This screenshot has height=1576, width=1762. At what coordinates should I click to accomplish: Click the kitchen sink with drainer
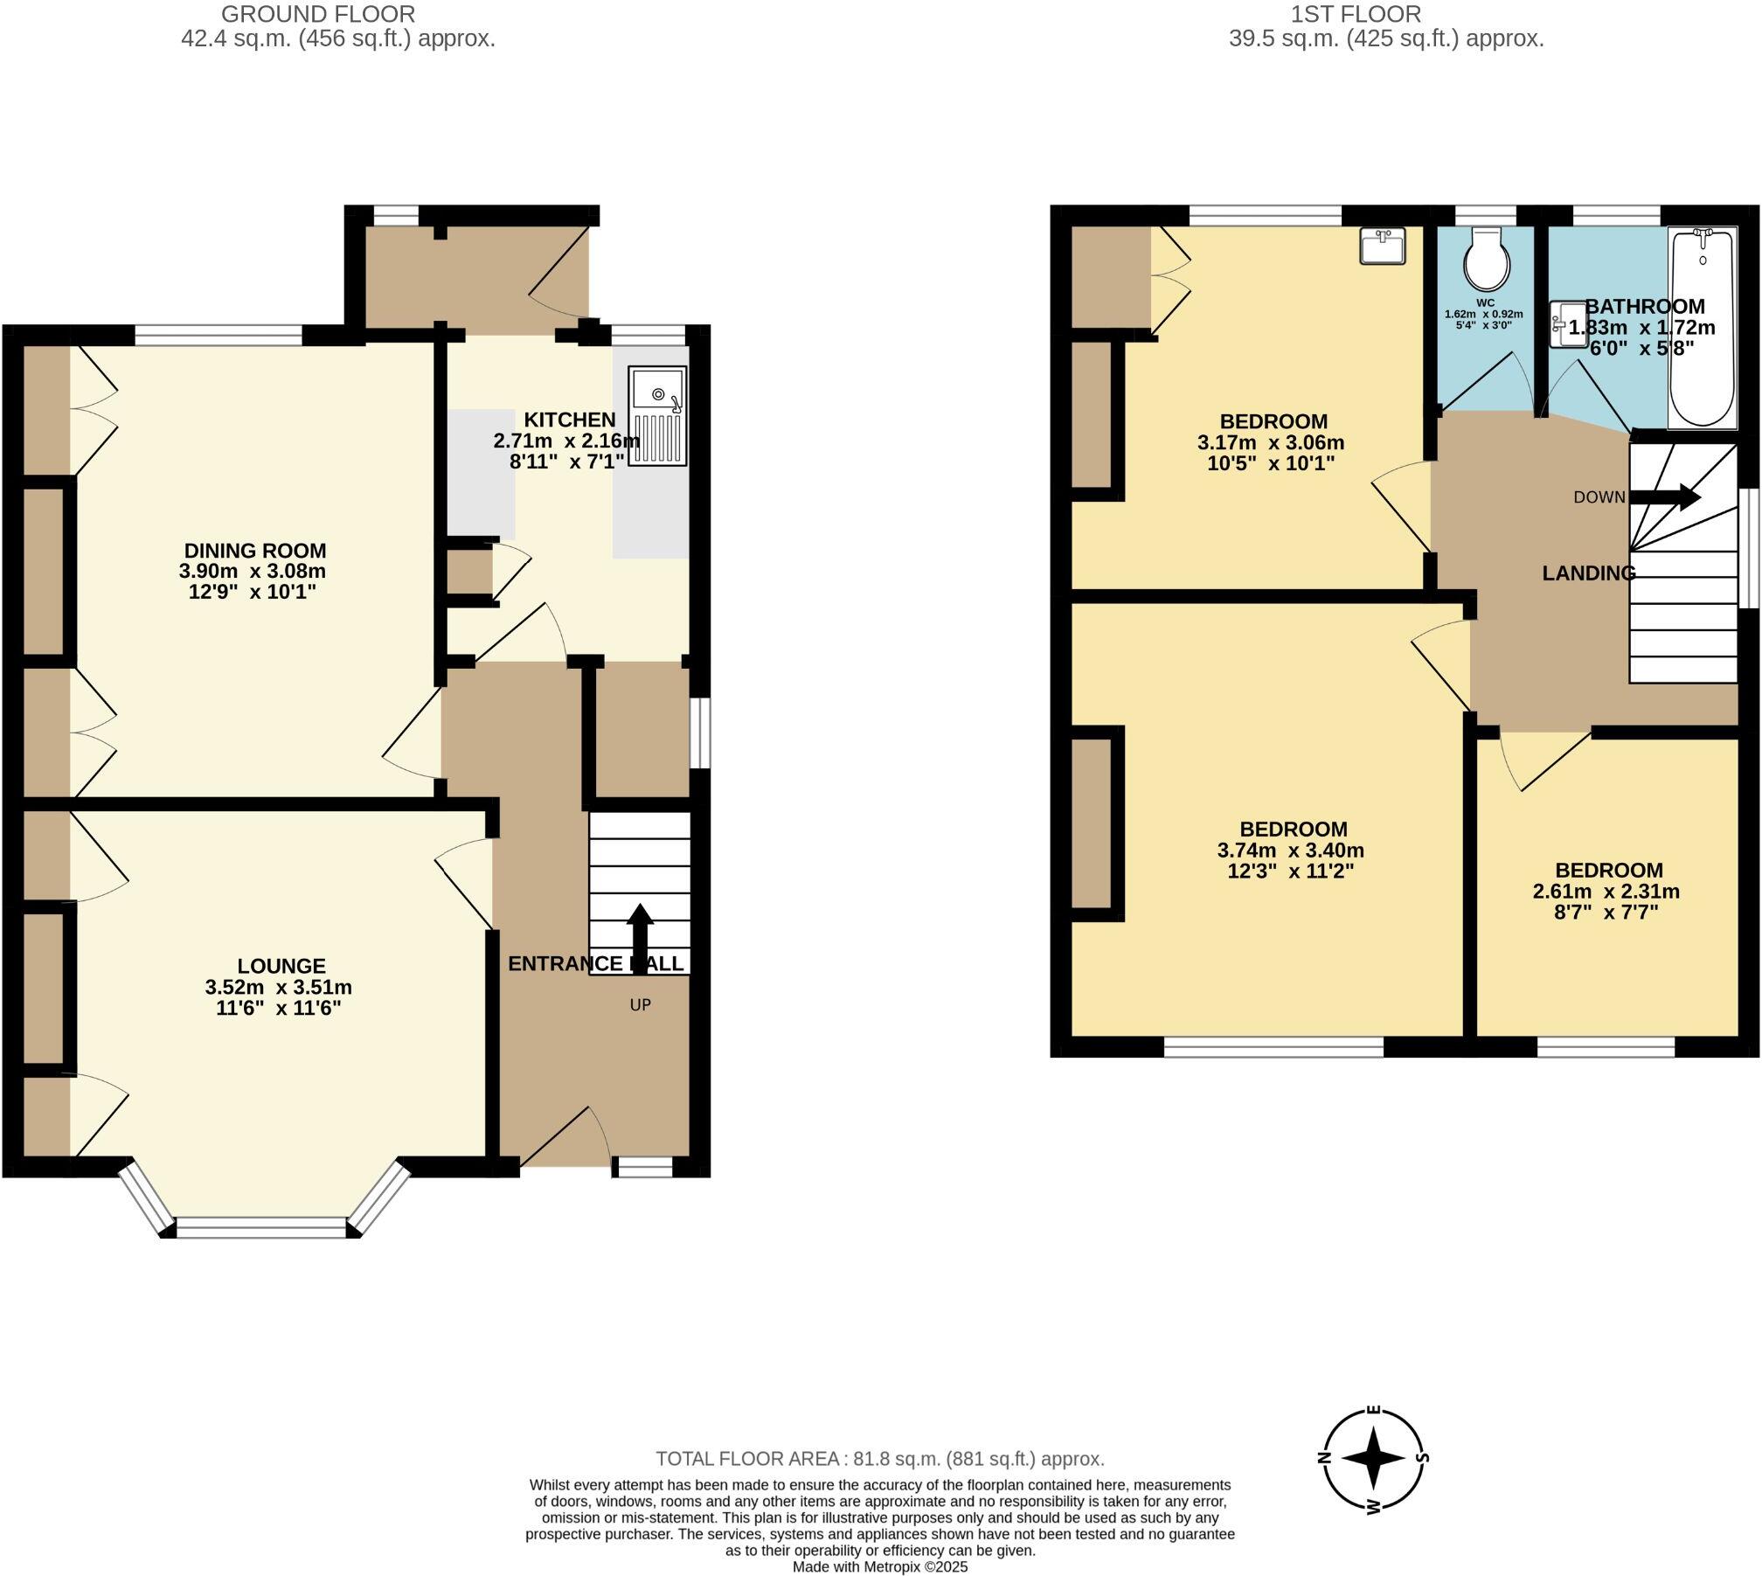(656, 416)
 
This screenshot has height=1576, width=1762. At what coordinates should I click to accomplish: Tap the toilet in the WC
(1486, 258)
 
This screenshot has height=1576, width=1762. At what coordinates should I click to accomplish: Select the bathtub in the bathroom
(1702, 328)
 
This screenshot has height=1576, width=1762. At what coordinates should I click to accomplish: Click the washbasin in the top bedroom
(1383, 246)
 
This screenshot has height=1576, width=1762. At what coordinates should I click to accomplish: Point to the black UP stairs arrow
(640, 934)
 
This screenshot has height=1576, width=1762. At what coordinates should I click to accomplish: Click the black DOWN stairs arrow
(1665, 497)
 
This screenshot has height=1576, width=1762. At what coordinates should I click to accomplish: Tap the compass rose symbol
(1372, 1458)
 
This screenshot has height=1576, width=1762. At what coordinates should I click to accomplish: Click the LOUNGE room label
(281, 966)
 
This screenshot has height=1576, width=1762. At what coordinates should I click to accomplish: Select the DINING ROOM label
(254, 551)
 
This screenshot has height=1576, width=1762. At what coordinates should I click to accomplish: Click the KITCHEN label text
(570, 420)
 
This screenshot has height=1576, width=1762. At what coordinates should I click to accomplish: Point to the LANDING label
(1588, 573)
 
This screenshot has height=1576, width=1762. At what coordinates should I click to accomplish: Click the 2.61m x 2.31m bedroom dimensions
(1606, 892)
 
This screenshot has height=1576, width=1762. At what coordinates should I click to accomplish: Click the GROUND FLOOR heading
(317, 14)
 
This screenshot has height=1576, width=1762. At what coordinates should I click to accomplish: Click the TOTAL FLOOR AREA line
(880, 1459)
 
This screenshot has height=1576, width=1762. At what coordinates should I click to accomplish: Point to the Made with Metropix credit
(880, 1567)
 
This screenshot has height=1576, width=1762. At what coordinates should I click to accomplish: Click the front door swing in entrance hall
(568, 1136)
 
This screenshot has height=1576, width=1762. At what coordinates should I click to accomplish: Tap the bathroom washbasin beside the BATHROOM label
(1566, 324)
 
